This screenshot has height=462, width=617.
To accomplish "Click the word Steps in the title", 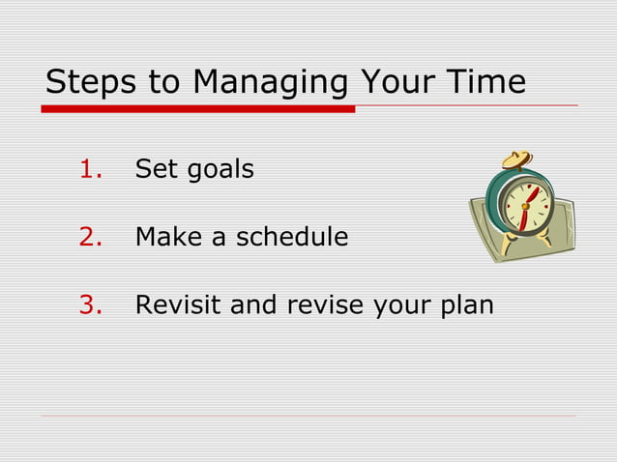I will pyautogui.click(x=90, y=82).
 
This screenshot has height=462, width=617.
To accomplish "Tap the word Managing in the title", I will pyautogui.click(x=270, y=84).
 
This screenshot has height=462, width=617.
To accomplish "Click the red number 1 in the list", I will pyautogui.click(x=91, y=169).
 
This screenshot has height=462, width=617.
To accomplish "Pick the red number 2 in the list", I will pyautogui.click(x=91, y=237).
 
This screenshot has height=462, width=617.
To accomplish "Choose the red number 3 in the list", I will pyautogui.click(x=91, y=305).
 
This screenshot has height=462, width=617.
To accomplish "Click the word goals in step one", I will pyautogui.click(x=220, y=171).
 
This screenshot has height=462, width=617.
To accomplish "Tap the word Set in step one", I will pyautogui.click(x=156, y=169).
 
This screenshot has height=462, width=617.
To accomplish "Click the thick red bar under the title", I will pyautogui.click(x=198, y=109).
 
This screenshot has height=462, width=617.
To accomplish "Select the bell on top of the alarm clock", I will pyautogui.click(x=515, y=160).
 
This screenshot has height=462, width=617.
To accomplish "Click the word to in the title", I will pyautogui.click(x=163, y=82).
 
